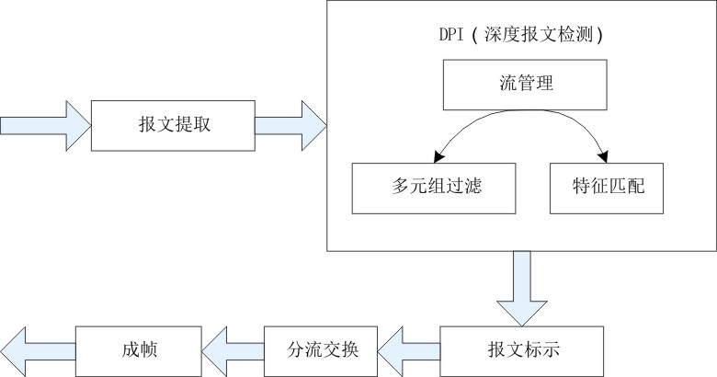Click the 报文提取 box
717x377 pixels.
click(172, 124)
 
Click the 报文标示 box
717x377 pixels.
click(521, 350)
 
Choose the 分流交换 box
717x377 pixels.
click(322, 350)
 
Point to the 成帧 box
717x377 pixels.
click(138, 350)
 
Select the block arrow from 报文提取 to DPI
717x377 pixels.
click(289, 124)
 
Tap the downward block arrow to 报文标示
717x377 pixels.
click(521, 287)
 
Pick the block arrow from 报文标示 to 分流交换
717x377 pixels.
click(408, 350)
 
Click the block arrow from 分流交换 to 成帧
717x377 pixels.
click(233, 350)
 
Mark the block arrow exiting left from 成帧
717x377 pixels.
click(37, 350)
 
